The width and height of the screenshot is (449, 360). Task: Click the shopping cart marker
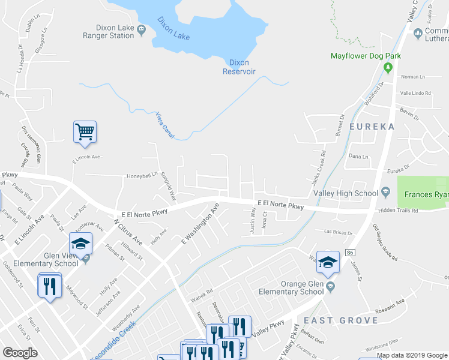click(x=85, y=131)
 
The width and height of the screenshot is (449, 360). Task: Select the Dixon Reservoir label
click(x=239, y=67)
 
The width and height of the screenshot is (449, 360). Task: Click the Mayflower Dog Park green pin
click(x=388, y=67)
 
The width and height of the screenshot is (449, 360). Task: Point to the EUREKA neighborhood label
click(x=370, y=127)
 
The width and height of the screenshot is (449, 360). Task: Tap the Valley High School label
click(x=346, y=193)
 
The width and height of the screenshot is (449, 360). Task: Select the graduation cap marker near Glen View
click(x=80, y=243)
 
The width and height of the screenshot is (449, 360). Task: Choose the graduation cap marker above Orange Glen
click(x=328, y=262)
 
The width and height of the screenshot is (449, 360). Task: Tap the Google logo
click(x=20, y=352)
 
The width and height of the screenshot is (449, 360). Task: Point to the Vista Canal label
click(x=164, y=125)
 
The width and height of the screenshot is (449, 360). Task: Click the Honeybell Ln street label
click(x=140, y=175)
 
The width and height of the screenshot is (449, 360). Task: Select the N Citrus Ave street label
click(x=128, y=231)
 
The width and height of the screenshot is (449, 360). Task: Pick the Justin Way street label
click(x=253, y=220)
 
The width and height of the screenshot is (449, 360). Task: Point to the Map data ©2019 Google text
click(x=412, y=355)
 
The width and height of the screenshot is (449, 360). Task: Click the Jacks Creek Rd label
click(x=318, y=167)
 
